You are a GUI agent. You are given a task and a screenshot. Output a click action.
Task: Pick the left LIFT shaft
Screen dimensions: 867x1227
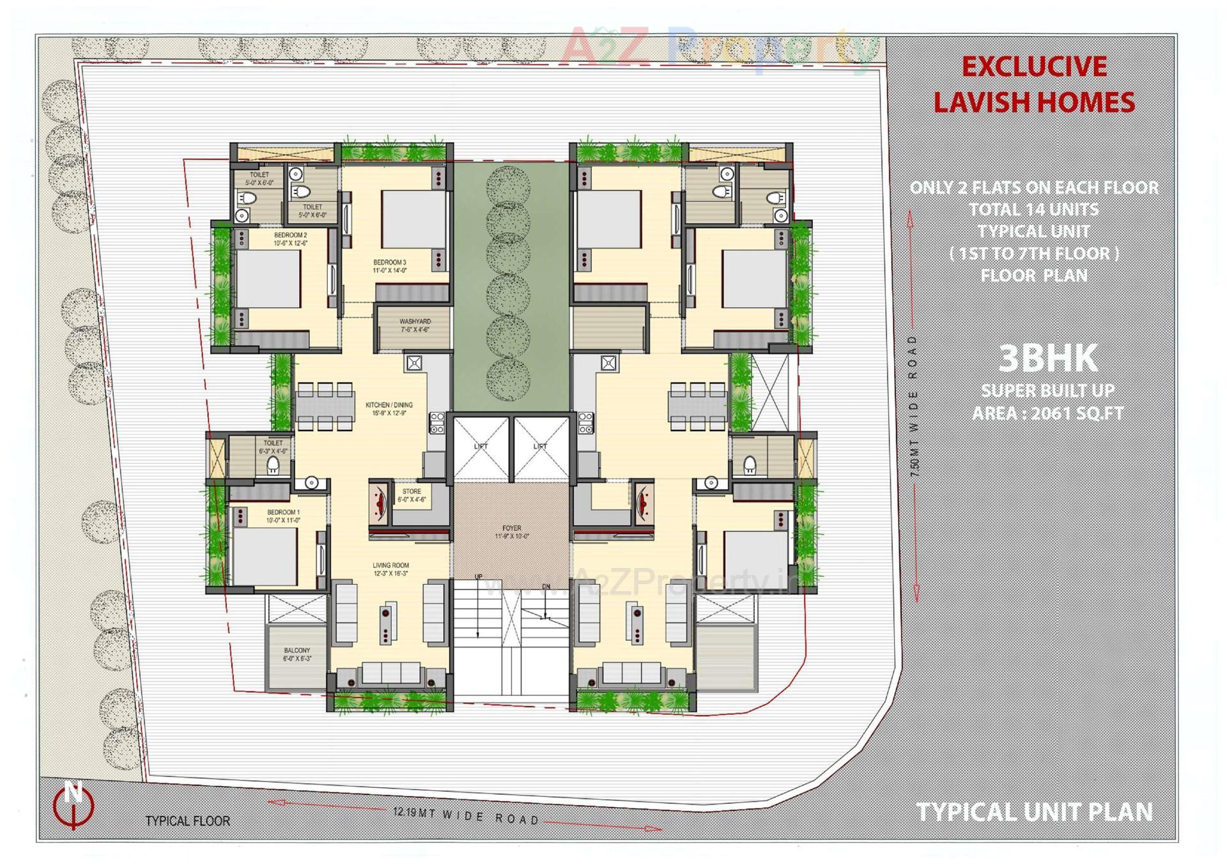click(x=481, y=447)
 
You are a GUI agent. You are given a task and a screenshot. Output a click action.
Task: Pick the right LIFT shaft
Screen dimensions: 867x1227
click(x=541, y=447)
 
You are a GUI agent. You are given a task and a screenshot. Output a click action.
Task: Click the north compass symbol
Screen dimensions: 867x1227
click(x=73, y=804)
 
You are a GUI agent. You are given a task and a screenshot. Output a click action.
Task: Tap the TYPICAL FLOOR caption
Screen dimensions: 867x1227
click(x=187, y=821)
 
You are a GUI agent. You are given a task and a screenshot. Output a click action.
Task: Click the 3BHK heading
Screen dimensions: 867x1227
click(x=1047, y=358)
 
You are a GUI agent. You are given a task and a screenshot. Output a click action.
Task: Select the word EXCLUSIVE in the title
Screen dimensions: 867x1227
click(x=1034, y=67)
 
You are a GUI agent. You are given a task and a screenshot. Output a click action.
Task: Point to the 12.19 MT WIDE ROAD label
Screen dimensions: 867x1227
click(x=467, y=815)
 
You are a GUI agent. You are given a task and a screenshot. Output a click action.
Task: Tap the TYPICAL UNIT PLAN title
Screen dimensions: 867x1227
click(x=1034, y=812)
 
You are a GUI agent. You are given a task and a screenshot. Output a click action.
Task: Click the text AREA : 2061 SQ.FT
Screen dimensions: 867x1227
click(x=1047, y=413)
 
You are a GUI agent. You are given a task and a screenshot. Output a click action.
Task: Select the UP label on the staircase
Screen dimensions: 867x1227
click(x=478, y=577)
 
